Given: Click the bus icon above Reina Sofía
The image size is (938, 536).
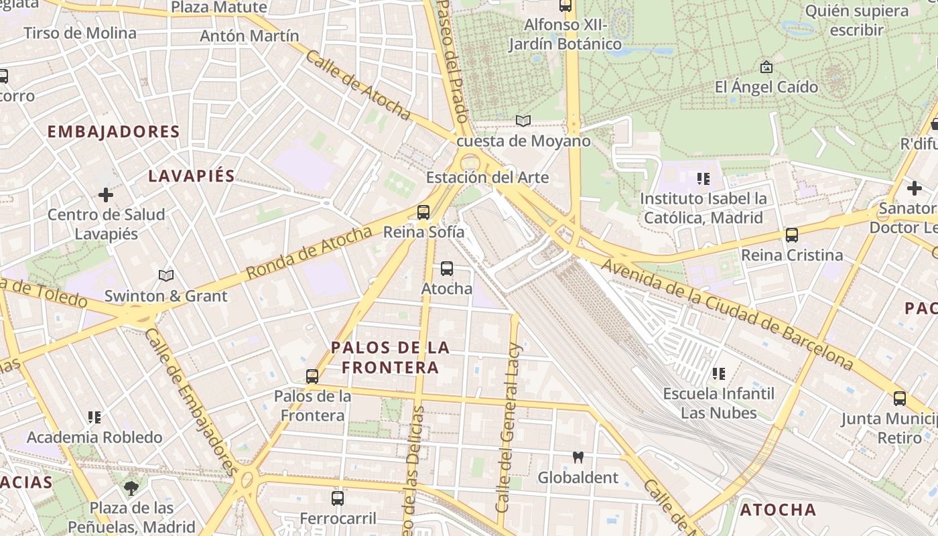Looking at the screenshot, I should coord(423,212).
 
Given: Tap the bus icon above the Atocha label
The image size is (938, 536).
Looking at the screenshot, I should coord(446,269).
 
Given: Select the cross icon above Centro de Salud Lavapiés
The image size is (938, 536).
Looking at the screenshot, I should coord(106,195).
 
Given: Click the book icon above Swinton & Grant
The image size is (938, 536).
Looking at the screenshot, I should coord(165,275).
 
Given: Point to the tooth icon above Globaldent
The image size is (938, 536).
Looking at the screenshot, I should coord(578,458).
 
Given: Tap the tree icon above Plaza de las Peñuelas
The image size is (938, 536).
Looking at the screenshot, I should coord(131,488).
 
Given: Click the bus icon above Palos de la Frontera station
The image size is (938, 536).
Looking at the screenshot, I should coord(312,377).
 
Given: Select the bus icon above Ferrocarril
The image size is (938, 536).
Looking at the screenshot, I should coord(338,498).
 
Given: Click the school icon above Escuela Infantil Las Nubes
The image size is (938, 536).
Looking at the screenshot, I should coord(719,373).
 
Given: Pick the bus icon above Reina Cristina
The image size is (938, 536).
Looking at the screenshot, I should coord(791,235).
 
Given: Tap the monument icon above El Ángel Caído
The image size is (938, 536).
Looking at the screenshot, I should coord(766,67).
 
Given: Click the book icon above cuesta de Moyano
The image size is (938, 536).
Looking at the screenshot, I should coord(523,121).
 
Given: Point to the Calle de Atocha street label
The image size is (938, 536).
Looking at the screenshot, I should coord(358,84).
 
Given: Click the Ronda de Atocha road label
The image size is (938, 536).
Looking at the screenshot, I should coord(309,253).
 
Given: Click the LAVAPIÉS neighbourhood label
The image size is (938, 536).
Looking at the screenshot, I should coord(191,176).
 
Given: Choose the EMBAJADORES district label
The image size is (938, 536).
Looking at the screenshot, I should coord(114,132).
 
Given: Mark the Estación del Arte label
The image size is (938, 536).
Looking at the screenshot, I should coord(487,178).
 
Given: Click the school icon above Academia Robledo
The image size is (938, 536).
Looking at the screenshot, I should coord(94,417).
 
